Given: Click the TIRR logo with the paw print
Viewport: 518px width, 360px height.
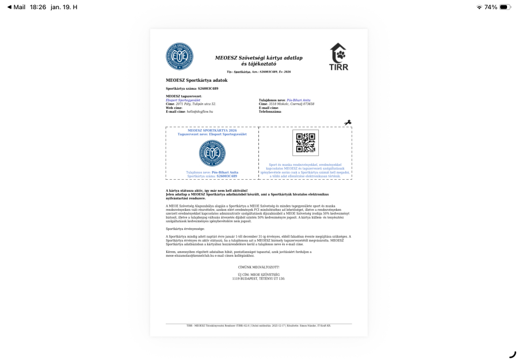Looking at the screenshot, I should pos(338,57).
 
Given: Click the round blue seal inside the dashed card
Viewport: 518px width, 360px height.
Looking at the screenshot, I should pos(212,154).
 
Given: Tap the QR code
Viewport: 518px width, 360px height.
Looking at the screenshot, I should pos(305,143).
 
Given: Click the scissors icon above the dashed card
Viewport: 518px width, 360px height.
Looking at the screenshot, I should pos(348,123).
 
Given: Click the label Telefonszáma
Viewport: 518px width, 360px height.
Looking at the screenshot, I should pos(271,111).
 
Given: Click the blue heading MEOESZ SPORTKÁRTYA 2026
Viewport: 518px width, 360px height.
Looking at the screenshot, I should pos(212,130).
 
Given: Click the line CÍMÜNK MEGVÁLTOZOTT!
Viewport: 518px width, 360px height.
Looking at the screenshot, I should pos(258,267).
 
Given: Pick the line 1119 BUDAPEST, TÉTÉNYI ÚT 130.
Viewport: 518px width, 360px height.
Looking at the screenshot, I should pos(258,279).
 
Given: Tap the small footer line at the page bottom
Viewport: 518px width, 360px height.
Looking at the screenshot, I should pos(258,325).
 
